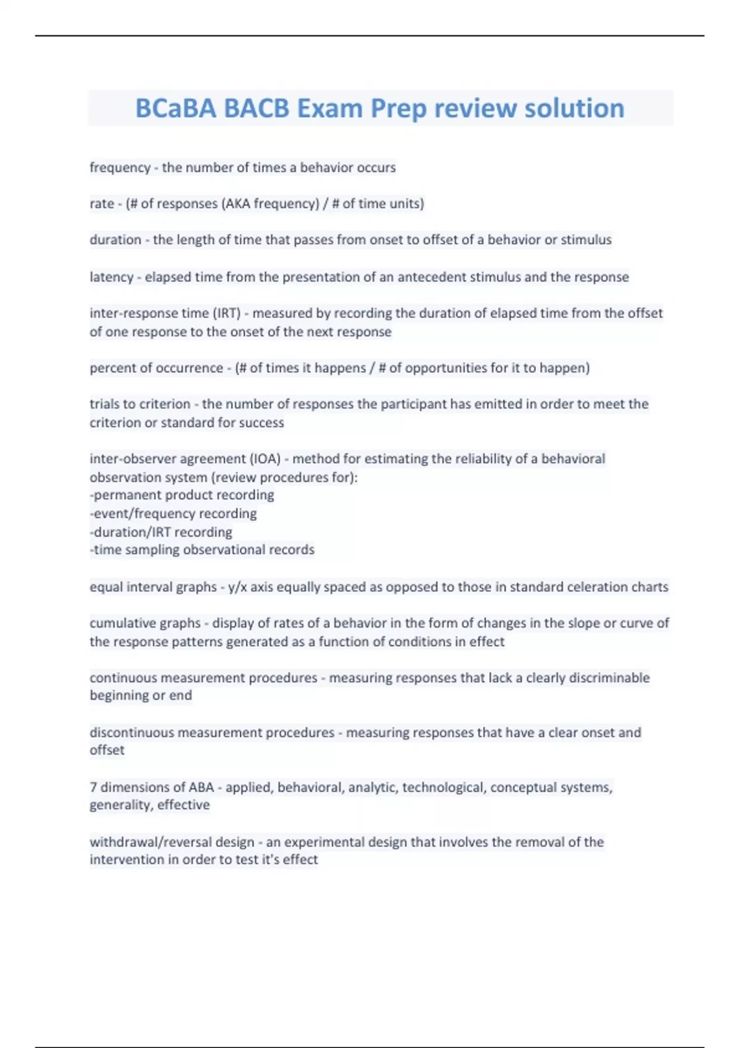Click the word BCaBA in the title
coord(176,108)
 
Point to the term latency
coord(112,277)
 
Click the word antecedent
coord(432,277)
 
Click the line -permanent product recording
coord(182,495)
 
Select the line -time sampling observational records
coord(202,550)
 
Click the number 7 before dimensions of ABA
coord(93,787)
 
